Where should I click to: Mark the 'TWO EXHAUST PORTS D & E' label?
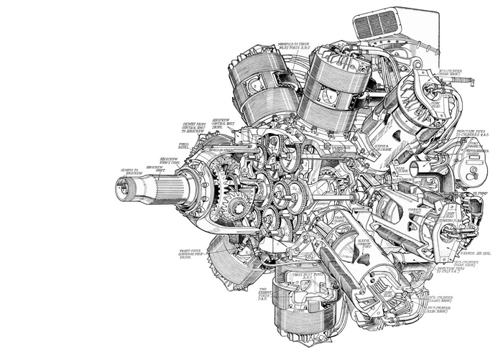265,292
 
